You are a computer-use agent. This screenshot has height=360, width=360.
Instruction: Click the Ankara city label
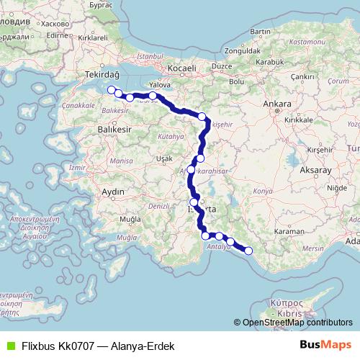click(276, 104)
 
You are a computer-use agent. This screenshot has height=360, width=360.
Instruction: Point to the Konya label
click(264, 192)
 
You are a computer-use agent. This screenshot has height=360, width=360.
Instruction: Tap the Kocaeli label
click(181, 68)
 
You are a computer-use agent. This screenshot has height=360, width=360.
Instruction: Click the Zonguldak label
click(242, 52)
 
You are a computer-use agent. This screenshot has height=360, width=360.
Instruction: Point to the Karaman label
click(289, 233)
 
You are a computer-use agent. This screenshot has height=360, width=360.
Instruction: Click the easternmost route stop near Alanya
click(248, 251)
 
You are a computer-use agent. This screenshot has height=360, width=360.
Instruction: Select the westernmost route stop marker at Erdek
click(111, 90)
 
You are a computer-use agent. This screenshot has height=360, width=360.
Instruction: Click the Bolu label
click(235, 81)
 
